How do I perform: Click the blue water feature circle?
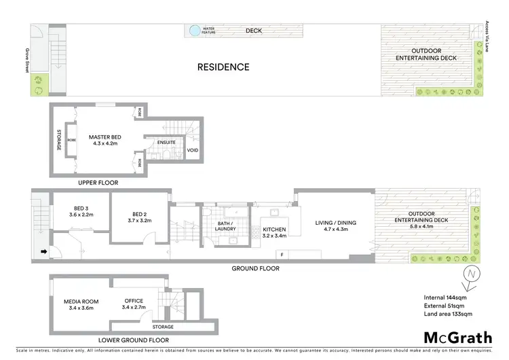[x=195, y=31]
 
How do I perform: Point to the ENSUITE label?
[x=166, y=143]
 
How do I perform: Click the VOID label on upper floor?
[x=193, y=150]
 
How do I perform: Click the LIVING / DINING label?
[x=333, y=222]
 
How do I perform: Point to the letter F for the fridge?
[x=281, y=255]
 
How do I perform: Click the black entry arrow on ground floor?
[x=45, y=252]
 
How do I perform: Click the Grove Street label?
[x=27, y=59]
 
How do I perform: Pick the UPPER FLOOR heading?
[x=98, y=183]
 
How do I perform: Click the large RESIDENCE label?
[x=223, y=67]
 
